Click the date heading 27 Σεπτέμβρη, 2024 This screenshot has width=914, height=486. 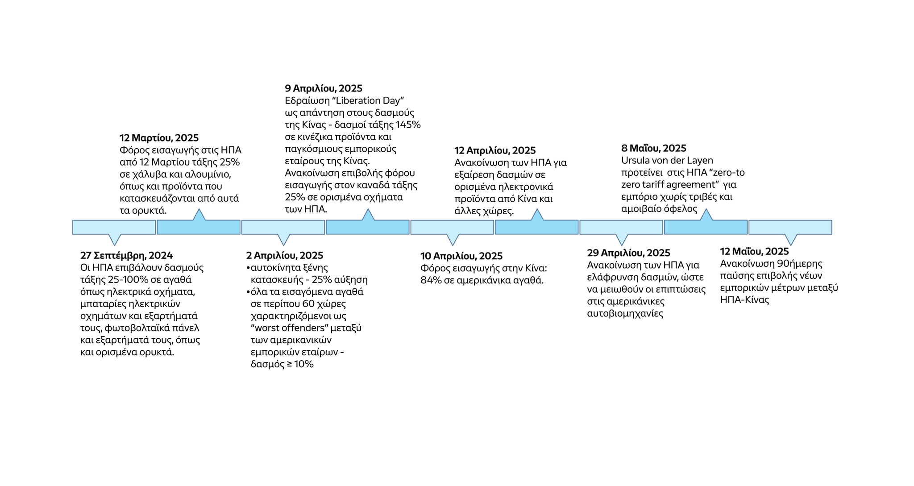126,256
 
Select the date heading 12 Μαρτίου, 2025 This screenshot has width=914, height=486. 159,138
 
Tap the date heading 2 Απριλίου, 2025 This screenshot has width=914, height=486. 285,256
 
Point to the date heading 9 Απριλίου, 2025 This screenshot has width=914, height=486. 324,89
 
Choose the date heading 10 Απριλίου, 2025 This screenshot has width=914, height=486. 461,256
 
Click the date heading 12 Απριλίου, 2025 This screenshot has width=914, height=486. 495,151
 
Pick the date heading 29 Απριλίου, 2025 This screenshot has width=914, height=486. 628,253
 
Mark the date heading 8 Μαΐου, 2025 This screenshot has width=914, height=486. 654,149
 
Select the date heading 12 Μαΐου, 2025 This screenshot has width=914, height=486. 754,252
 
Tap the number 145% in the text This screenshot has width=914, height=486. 408,125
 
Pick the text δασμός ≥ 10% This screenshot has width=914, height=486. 282,364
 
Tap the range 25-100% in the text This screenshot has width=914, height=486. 125,280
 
